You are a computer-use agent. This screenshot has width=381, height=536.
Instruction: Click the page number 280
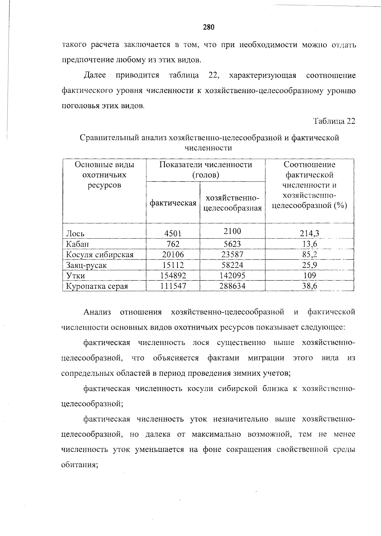pyautogui.click(x=209, y=27)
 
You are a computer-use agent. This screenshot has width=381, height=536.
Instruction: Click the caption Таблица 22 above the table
pyautogui.click(x=334, y=121)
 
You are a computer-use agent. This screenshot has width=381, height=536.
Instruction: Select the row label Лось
pyautogui.click(x=75, y=234)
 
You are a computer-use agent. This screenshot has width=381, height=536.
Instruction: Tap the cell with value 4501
pyautogui.click(x=173, y=234)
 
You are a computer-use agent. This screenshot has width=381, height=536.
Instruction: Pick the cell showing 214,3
pyautogui.click(x=309, y=234)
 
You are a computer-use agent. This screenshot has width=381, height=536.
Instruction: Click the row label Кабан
pyautogui.click(x=77, y=244)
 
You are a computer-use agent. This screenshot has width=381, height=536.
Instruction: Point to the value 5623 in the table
pyautogui.click(x=232, y=244)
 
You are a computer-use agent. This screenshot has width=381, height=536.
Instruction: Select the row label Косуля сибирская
pyautogui.click(x=100, y=255)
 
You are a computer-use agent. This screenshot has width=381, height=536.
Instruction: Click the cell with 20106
pyautogui.click(x=173, y=255)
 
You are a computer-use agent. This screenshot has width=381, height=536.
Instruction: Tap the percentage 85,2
pyautogui.click(x=309, y=255)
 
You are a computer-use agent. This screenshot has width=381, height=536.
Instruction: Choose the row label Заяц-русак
pyautogui.click(x=86, y=265)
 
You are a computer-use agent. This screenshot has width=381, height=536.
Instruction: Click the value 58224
pyautogui.click(x=232, y=265)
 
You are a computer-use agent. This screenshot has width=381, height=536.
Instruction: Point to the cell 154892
pyautogui.click(x=173, y=275)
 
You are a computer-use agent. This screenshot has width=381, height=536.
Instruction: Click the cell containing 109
pyautogui.click(x=309, y=275)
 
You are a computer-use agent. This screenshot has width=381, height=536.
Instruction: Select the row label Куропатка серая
pyautogui.click(x=97, y=286)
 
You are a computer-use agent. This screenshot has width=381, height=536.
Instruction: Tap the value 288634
pyautogui.click(x=232, y=286)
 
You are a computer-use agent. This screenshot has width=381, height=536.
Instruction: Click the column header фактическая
pyautogui.click(x=173, y=203)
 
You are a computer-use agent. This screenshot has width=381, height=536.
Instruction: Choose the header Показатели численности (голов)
pyautogui.click(x=205, y=169)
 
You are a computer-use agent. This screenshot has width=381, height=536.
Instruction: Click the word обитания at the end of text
pyautogui.click(x=79, y=465)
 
